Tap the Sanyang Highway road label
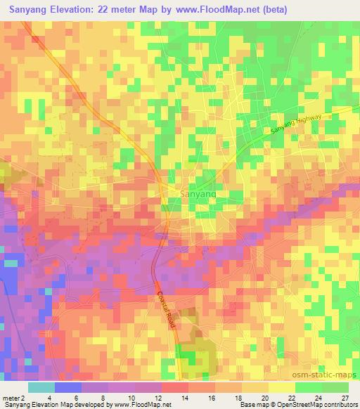[296, 124]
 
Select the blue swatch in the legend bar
[68, 387]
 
